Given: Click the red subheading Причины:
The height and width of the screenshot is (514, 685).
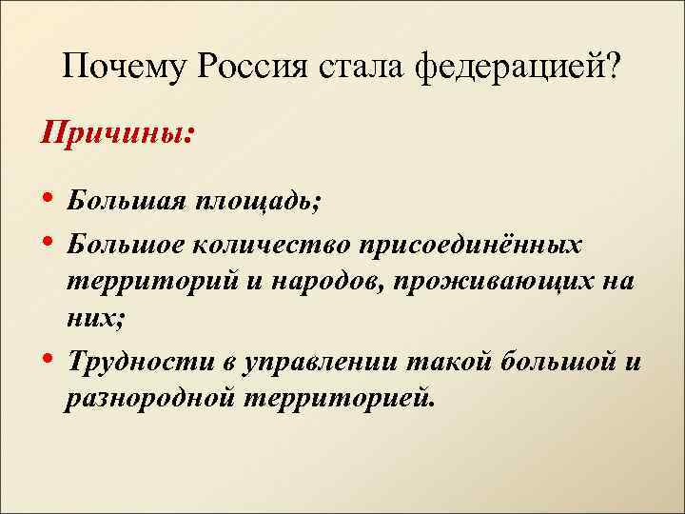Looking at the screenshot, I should point(115,130).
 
